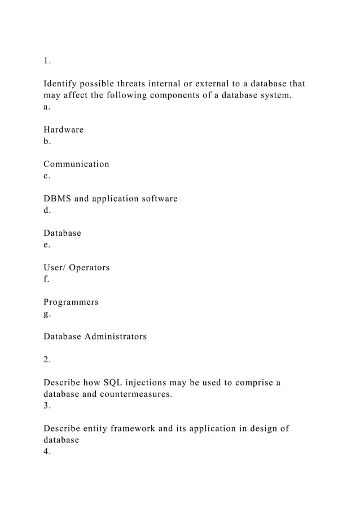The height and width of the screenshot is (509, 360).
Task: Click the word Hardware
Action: [63, 130]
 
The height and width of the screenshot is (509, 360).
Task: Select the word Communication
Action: [76, 164]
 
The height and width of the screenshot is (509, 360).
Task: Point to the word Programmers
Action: [71, 302]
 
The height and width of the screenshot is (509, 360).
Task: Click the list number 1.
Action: [47, 61]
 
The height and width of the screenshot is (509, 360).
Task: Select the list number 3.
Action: [47, 406]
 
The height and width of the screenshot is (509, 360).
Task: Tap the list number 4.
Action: [47, 451]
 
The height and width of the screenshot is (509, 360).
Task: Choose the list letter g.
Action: [46, 314]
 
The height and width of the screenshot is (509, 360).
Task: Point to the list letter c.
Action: [46, 176]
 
